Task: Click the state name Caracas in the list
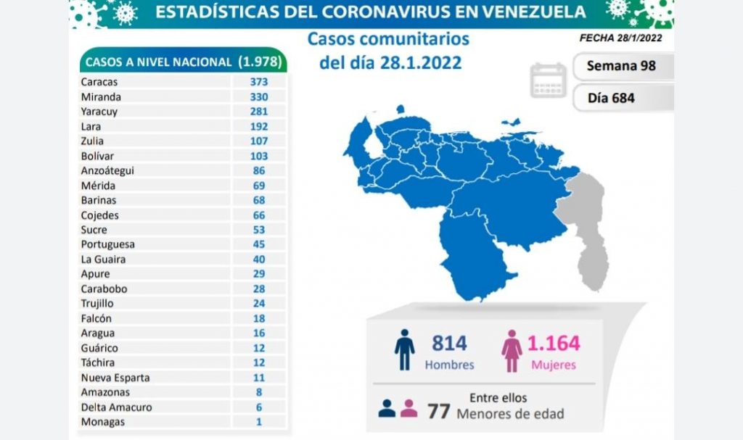coord(99,82)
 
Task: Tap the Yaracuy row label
coord(100,112)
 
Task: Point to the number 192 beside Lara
coord(259,126)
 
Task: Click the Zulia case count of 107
coord(259,141)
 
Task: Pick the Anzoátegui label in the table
coord(108,170)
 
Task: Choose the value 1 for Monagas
coord(259,422)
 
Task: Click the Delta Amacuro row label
coord(116,407)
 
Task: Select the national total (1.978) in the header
coord(260,62)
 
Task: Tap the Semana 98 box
coord(622,66)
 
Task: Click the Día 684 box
coord(611,97)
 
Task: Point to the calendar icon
coord(549,80)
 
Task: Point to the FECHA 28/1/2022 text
coord(620,38)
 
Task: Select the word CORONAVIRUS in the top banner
coord(388,12)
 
